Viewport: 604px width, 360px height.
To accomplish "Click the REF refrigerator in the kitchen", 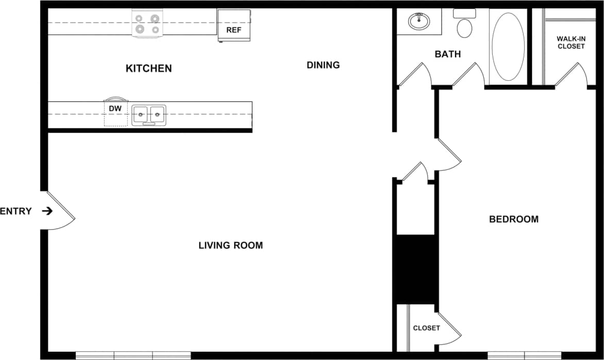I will click(x=233, y=25).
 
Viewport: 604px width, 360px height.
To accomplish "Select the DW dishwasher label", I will click(x=115, y=109).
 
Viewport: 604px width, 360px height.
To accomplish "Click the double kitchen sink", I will click(x=149, y=115).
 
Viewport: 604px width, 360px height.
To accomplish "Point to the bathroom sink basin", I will click(x=420, y=21).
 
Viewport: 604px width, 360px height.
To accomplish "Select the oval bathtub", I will click(x=508, y=47).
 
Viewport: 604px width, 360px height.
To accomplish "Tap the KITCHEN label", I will click(x=149, y=68).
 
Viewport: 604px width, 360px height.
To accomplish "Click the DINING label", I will click(x=323, y=65).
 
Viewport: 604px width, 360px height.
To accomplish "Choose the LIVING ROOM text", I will click(x=230, y=246).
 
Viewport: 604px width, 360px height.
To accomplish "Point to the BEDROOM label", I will click(x=513, y=219).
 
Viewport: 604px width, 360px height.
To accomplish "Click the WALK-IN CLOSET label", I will click(x=571, y=42).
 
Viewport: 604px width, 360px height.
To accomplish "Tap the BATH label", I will click(x=447, y=54).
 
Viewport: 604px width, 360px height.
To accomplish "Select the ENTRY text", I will click(x=16, y=211).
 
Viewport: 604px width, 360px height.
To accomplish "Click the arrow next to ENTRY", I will click(x=47, y=211).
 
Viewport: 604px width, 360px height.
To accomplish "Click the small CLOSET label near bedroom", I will click(x=426, y=328).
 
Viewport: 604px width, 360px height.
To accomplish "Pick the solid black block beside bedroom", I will click(x=415, y=269).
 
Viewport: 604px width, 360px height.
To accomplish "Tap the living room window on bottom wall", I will click(x=133, y=355).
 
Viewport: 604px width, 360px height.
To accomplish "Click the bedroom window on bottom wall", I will click(x=524, y=355).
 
